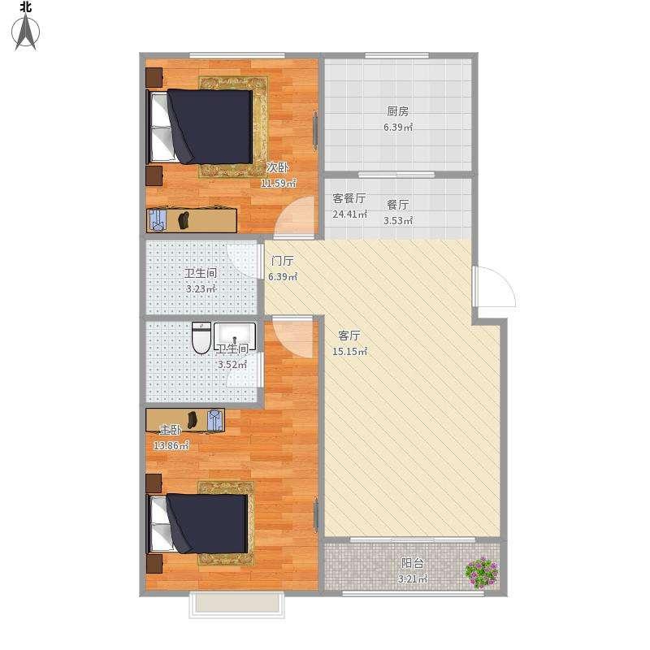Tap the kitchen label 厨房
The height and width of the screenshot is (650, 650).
tap(397, 111)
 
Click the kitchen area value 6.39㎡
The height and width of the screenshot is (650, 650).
tap(398, 128)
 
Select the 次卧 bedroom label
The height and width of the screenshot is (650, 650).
tap(277, 167)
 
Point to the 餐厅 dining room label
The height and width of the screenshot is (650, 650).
tap(397, 205)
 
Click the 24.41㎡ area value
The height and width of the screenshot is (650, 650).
tap(349, 214)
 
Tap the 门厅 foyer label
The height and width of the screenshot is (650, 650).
tap(282, 261)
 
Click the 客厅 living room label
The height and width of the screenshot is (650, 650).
tap(349, 335)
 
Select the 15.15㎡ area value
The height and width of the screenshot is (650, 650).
tap(350, 352)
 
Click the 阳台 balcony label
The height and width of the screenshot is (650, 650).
tap(413, 563)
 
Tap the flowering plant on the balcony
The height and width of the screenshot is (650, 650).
tap(482, 573)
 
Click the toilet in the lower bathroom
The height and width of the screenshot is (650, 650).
tap(201, 338)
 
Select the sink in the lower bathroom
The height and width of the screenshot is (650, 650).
tap(235, 336)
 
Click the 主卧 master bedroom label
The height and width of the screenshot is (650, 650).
tap(171, 430)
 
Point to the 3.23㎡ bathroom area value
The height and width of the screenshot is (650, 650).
tap(201, 289)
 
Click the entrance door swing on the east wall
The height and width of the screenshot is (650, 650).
tap(496, 287)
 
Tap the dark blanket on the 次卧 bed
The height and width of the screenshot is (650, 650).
tap(210, 126)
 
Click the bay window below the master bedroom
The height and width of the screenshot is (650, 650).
tap(236, 605)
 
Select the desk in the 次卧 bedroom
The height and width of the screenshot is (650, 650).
tap(192, 220)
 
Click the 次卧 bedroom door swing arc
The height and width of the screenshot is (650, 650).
tap(294, 218)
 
